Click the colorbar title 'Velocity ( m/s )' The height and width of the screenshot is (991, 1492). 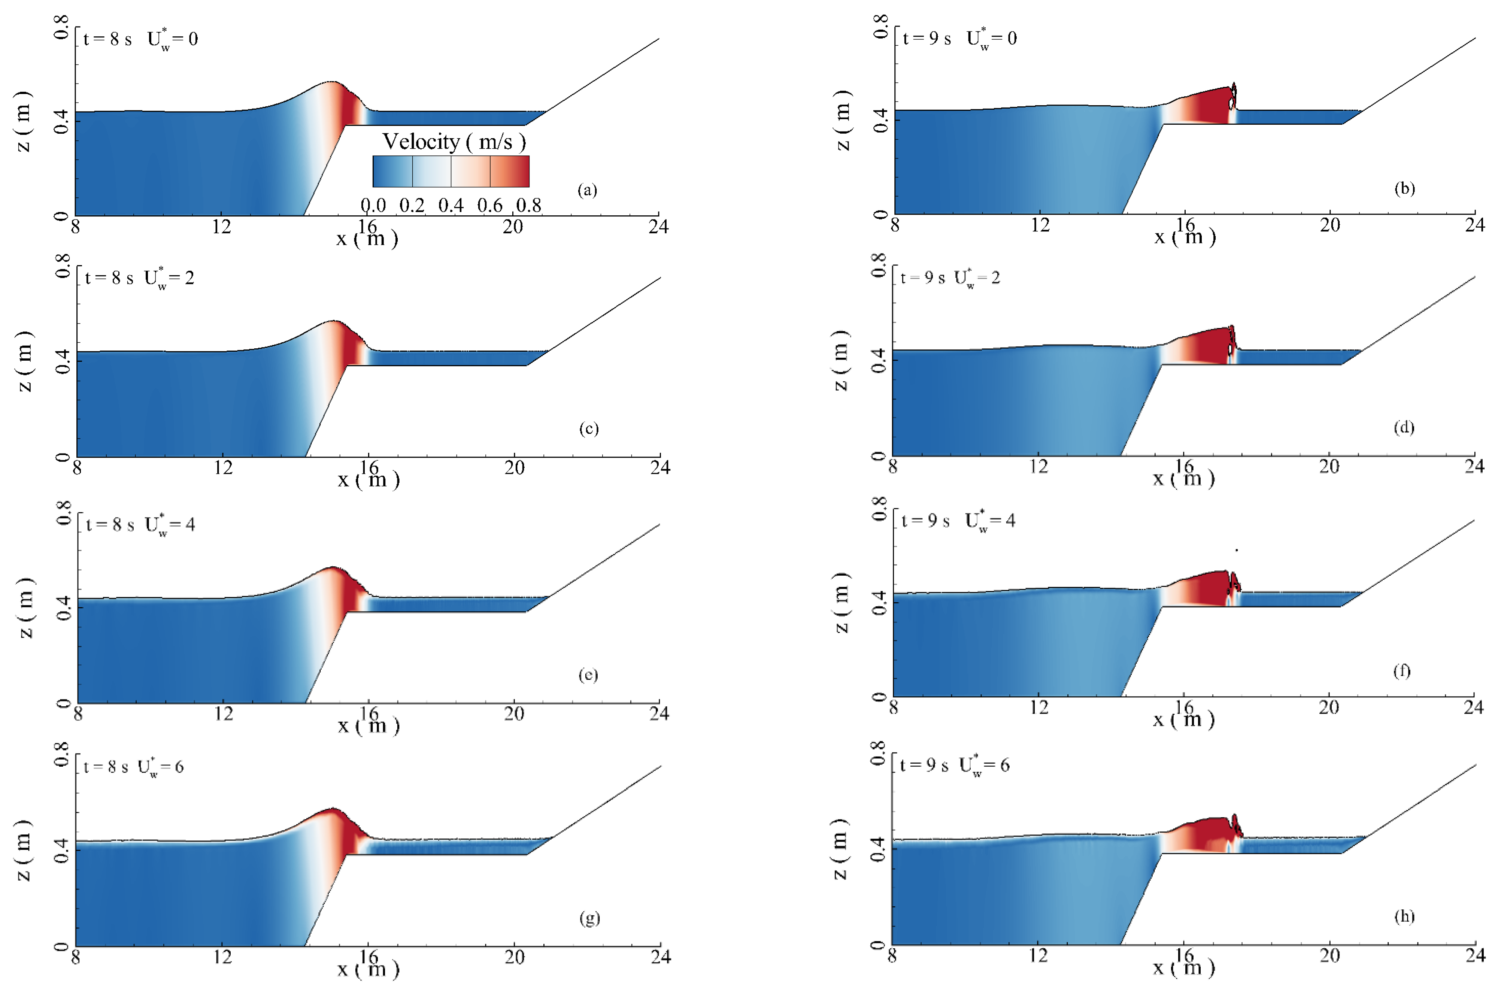pyautogui.click(x=454, y=142)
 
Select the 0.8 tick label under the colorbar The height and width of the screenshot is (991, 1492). pyautogui.click(x=528, y=205)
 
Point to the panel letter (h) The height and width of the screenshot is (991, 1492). pyautogui.click(x=1404, y=916)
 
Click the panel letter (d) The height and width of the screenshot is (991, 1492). pyautogui.click(x=1404, y=427)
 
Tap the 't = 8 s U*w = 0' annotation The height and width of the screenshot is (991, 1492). pyautogui.click(x=140, y=39)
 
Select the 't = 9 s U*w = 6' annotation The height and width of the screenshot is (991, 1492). pyautogui.click(x=954, y=766)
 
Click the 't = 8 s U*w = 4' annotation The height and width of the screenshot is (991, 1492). pyautogui.click(x=140, y=525)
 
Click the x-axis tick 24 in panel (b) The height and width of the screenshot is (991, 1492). pyautogui.click(x=1475, y=225)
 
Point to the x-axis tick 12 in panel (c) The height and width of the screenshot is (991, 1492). pyautogui.click(x=223, y=468)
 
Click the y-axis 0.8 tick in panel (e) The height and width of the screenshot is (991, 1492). pyautogui.click(x=64, y=513)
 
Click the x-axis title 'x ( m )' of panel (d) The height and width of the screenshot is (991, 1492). pyautogui.click(x=1184, y=478)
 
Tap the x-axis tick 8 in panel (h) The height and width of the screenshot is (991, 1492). pyautogui.click(x=892, y=956)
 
